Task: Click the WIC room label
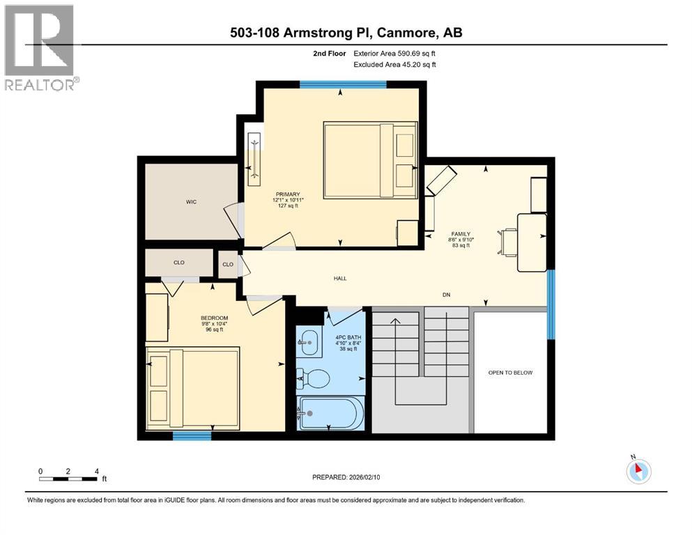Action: click(x=191, y=202)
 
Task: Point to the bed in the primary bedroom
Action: click(x=369, y=160)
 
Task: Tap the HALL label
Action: click(x=339, y=279)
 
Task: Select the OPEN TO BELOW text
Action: click(x=510, y=373)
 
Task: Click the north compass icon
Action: click(x=638, y=471)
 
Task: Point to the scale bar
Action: click(x=68, y=479)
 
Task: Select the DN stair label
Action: click(x=446, y=295)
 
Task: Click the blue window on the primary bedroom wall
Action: click(x=343, y=84)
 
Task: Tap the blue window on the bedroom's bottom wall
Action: click(x=192, y=436)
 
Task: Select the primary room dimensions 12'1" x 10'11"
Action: click(x=287, y=200)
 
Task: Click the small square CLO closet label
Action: click(x=227, y=265)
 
